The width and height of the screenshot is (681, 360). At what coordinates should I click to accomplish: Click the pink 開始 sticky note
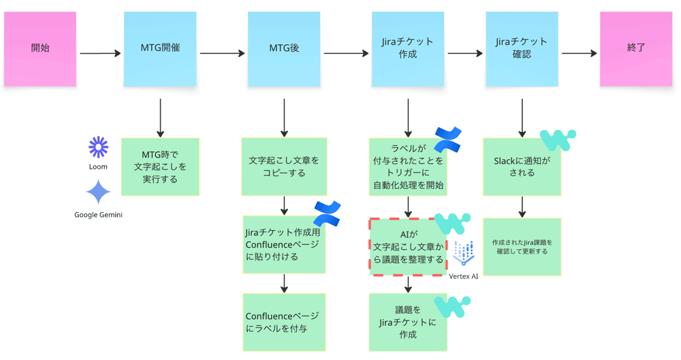point(39,49)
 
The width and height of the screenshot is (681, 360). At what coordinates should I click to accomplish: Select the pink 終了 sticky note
point(635,49)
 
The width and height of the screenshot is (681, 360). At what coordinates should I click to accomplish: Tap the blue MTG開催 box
point(160,49)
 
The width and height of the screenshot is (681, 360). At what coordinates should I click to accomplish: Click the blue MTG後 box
point(284,49)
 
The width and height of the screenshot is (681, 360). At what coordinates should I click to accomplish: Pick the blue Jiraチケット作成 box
point(408,49)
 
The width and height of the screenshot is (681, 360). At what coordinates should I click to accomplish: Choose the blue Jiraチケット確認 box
point(522,49)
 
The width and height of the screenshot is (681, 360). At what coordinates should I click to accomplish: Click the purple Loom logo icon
point(98,147)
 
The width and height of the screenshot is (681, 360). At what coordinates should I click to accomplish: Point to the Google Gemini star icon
point(98,192)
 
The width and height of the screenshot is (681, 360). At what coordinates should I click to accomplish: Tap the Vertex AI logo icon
point(464,254)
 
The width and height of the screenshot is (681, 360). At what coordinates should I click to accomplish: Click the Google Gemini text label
point(98,215)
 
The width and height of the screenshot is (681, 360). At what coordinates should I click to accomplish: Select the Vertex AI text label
point(464,276)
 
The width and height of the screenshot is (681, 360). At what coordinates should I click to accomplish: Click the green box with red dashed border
point(407,247)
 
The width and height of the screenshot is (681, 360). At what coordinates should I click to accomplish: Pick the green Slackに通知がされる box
point(522,167)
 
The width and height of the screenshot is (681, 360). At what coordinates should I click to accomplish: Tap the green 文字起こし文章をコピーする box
point(284,167)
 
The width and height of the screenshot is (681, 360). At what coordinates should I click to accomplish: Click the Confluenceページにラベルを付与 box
point(284,323)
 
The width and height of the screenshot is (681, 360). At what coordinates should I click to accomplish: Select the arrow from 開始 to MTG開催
point(99,53)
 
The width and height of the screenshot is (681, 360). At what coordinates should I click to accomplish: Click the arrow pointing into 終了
point(579,53)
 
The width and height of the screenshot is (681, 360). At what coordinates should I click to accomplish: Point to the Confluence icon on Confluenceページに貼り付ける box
point(327,213)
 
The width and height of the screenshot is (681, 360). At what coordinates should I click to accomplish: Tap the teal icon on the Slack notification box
point(558,140)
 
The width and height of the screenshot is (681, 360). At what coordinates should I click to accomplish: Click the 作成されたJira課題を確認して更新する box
point(522,246)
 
